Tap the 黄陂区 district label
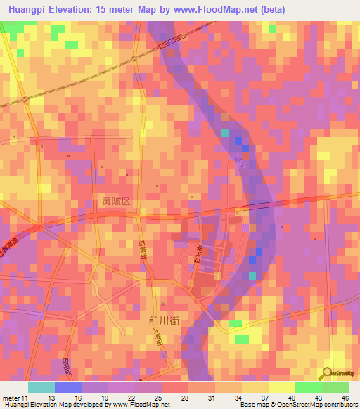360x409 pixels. click(x=116, y=201)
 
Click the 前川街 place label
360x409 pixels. click(x=165, y=319)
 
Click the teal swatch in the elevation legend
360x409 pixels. click(x=41, y=387)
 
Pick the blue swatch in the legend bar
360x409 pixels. click(x=68, y=387)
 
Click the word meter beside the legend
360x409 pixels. click(x=13, y=398)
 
